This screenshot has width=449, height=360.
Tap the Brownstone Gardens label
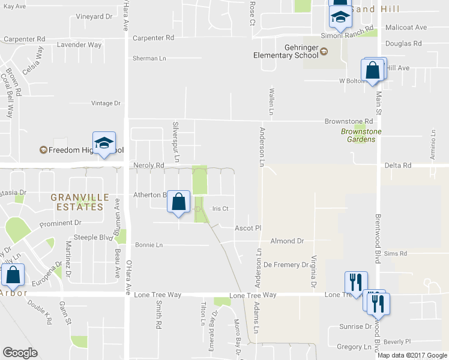click(x=357, y=136)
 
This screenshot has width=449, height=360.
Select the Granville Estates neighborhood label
click(x=80, y=202)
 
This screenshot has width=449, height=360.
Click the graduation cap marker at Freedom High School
click(x=104, y=143)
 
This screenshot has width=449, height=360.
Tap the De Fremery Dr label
click(x=285, y=264)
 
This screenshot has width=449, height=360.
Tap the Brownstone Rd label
click(x=345, y=121)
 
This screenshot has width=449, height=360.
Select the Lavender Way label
click(x=79, y=44)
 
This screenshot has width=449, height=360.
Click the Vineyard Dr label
click(x=94, y=16)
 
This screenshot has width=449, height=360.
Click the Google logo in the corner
click(x=20, y=353)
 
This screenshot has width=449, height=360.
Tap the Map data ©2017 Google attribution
click(x=412, y=355)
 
